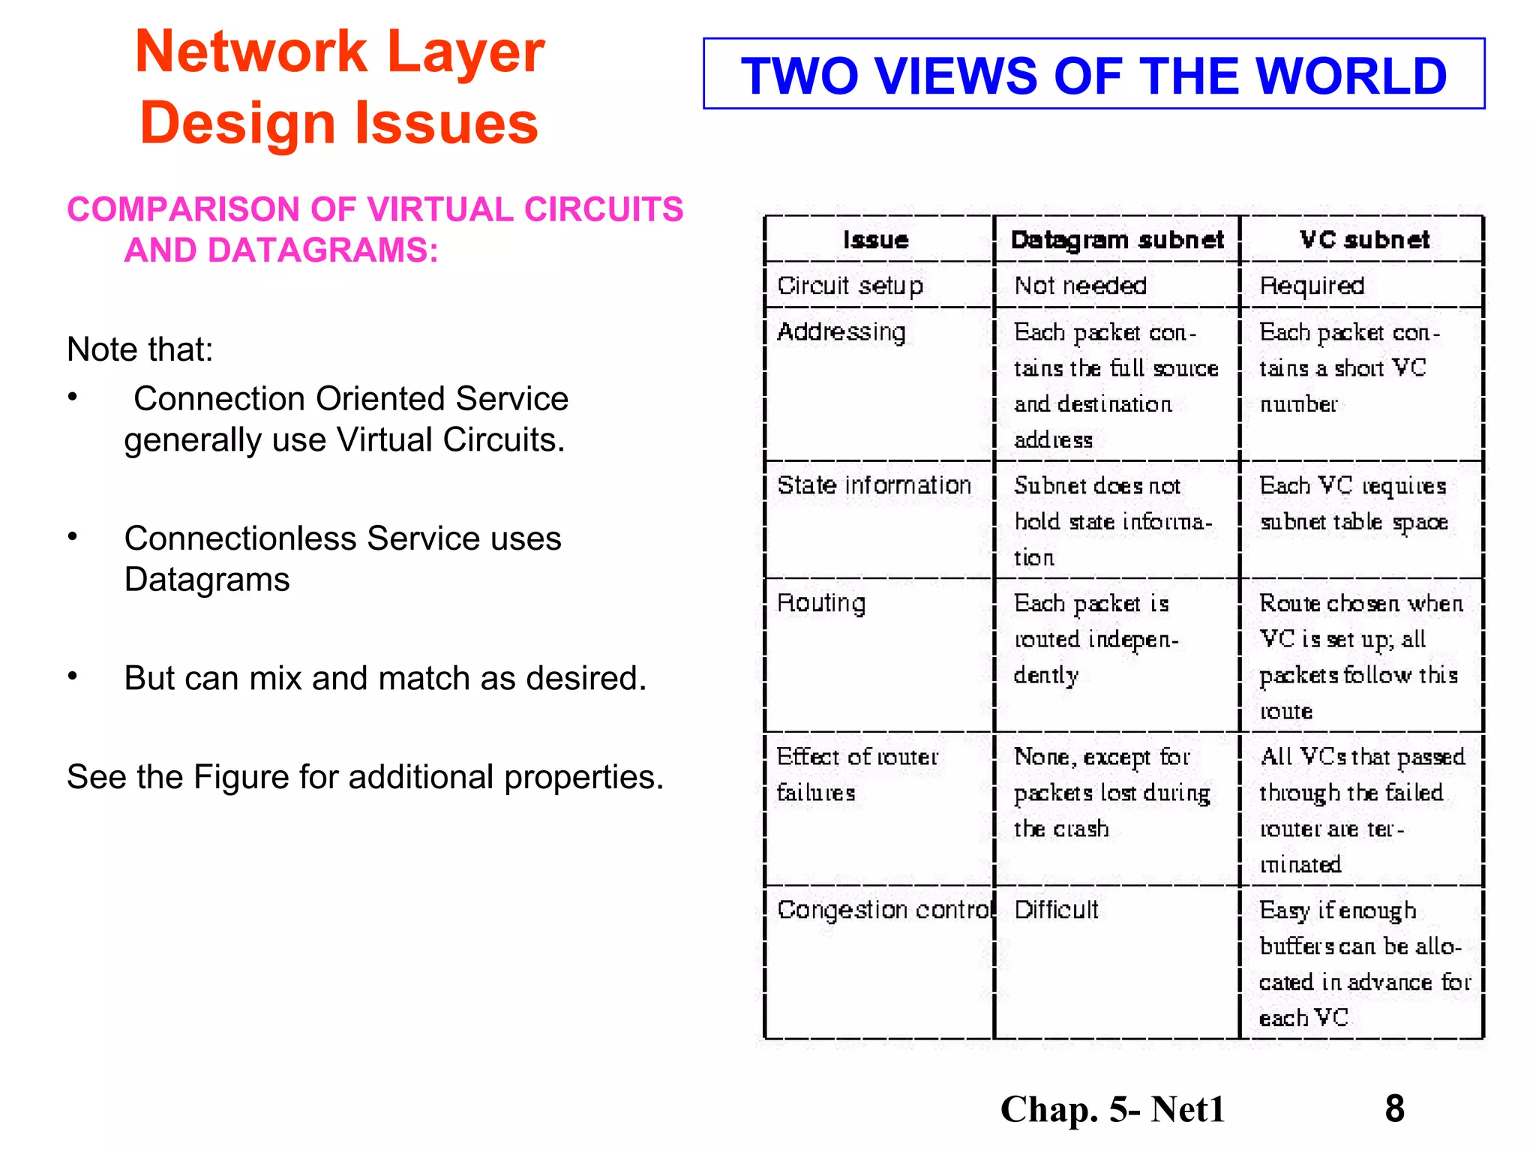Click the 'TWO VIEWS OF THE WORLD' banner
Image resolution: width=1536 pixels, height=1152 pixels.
(x=1093, y=75)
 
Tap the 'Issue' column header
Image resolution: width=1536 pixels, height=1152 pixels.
(x=875, y=240)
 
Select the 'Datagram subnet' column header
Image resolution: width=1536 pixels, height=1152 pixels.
(x=1117, y=240)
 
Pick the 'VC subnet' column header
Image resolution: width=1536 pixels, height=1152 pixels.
(x=1364, y=240)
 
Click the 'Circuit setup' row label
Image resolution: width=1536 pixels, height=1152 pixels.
(x=850, y=286)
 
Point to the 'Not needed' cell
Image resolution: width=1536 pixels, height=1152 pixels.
(x=1080, y=286)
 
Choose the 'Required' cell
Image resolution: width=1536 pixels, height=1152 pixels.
(x=1312, y=286)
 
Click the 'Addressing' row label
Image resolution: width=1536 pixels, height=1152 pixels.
(x=841, y=331)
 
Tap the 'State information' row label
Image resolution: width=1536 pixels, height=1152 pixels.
(x=874, y=485)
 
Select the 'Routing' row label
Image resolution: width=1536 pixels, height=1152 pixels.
(x=821, y=603)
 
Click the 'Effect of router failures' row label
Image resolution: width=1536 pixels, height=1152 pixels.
(x=856, y=774)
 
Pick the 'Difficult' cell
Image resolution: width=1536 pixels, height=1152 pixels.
(x=1056, y=910)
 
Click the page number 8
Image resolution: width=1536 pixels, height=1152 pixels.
(x=1394, y=1108)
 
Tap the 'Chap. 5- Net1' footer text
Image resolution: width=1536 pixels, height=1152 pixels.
(x=1112, y=1109)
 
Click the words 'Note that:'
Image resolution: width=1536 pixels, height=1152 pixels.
(x=140, y=349)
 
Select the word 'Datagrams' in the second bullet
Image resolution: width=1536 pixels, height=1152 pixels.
(x=207, y=580)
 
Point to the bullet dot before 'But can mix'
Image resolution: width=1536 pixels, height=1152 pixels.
(x=73, y=676)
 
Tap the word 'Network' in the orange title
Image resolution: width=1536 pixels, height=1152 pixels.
(x=250, y=52)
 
